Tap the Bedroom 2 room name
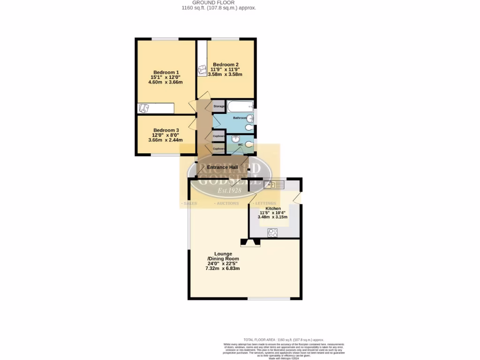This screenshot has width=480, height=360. coord(225,64)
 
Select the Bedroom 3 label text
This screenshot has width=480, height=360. coord(166,130)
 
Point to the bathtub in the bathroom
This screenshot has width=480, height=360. coord(240,106)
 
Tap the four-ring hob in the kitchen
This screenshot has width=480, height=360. coord(273,232)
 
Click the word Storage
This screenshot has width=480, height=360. coord(219,106)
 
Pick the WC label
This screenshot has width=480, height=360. coord(240,145)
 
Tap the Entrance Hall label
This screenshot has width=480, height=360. coord(223,167)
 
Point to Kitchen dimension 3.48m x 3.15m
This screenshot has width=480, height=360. coord(272,217)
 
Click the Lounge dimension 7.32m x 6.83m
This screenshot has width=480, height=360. coord(223,269)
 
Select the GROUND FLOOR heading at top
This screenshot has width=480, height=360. coord(219,2)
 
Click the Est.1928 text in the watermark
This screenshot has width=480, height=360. coord(229,190)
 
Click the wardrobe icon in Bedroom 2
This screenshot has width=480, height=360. coord(202,69)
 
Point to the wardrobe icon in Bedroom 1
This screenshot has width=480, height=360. coord(144,108)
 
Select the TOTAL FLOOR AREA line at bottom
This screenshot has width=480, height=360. coord(284,339)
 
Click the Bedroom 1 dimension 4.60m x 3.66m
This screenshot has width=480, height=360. coord(165,82)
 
